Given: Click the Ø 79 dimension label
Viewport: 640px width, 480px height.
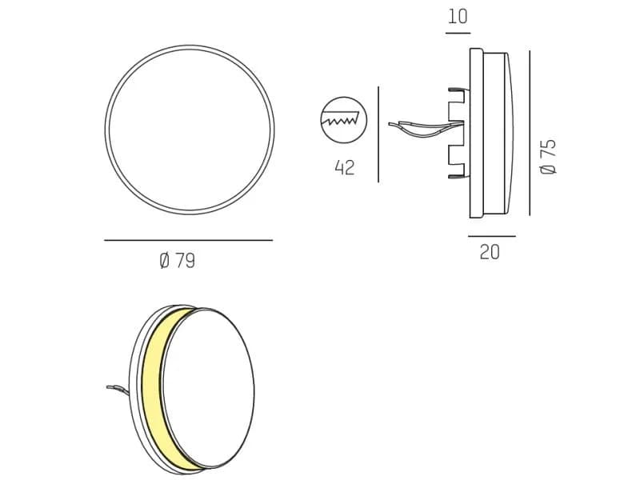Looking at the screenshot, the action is (x=177, y=261).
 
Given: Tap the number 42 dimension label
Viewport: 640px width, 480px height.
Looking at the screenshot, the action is (x=345, y=168).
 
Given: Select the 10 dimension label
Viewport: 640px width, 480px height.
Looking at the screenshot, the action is (x=458, y=17).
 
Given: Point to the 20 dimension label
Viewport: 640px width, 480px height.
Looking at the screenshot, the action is (x=490, y=252).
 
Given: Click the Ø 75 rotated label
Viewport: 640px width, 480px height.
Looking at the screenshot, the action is (x=548, y=157).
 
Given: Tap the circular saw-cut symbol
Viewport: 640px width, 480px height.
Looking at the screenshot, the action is (x=344, y=120).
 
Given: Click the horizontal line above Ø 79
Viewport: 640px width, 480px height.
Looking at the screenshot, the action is (x=188, y=241).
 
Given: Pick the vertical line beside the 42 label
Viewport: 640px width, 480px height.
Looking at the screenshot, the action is (x=378, y=134).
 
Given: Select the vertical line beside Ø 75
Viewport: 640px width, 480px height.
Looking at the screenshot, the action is (x=530, y=133).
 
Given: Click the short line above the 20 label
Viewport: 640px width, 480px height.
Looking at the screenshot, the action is (x=492, y=236).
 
